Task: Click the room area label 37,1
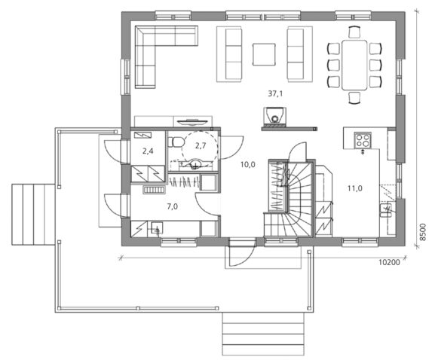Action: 275,93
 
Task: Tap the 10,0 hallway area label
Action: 248,165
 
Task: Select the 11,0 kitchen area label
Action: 355,188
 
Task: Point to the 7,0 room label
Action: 173,206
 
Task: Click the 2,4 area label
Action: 148,151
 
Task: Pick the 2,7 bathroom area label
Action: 201,145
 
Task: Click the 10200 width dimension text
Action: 389,262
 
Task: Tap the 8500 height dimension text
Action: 422,232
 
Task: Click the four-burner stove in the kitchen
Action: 363,140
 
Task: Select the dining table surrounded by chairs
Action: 354,65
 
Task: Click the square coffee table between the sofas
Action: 264,54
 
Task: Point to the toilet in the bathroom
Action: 176,142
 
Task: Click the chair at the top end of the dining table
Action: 354,32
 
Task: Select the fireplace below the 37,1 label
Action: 274,115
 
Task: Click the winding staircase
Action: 289,199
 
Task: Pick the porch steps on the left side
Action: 33,215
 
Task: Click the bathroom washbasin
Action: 195,164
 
